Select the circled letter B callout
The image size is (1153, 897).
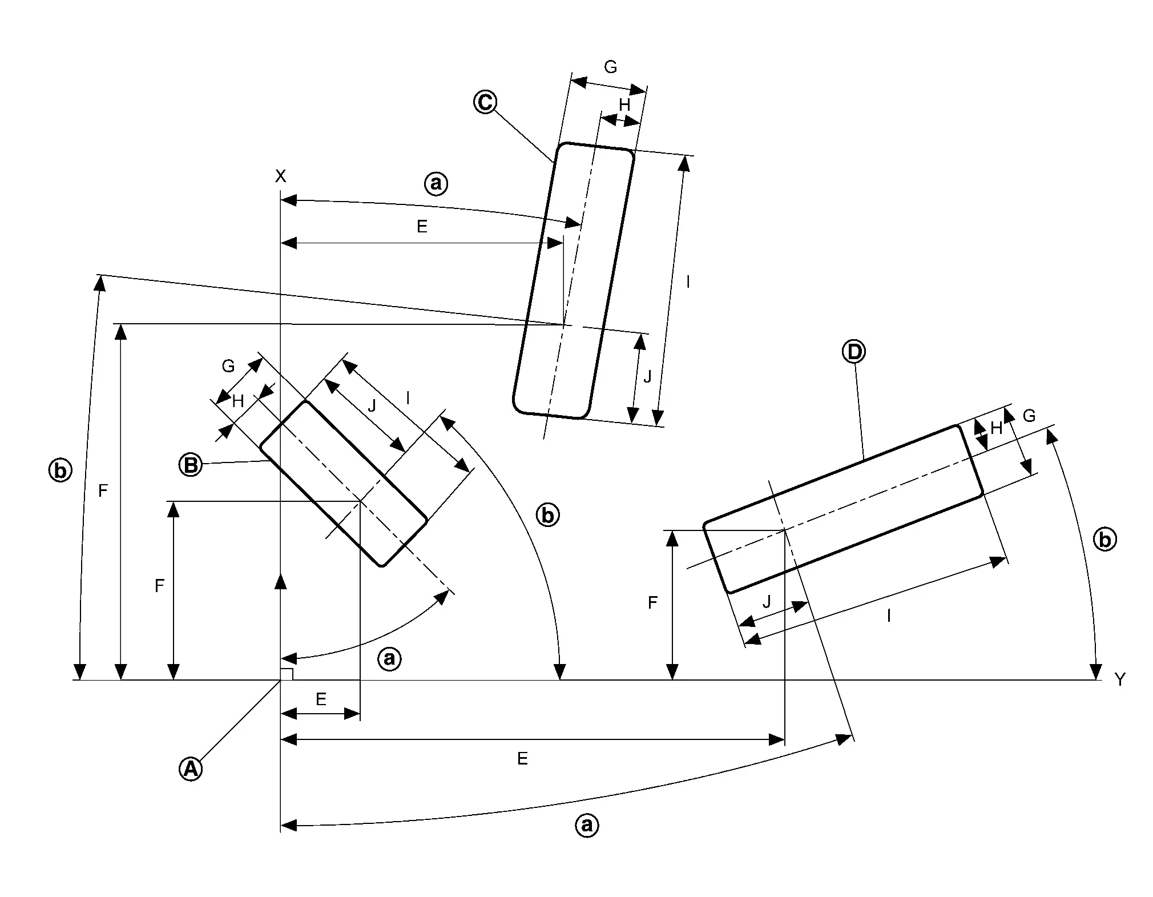pos(191,465)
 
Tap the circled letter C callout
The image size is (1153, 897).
pos(485,102)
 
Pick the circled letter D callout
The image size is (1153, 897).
pos(854,352)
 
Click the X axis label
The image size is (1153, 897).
pos(280,176)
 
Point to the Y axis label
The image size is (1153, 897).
pos(1120,679)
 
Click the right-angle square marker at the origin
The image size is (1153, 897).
pos(287,674)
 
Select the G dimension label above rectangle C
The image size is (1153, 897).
pos(610,67)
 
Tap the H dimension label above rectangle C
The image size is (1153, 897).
pos(624,105)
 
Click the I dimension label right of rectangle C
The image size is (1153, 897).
pos(688,282)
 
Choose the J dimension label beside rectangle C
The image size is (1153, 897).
pos(647,377)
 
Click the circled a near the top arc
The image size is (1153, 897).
pos(436,184)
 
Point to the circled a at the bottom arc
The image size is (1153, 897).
pos(587,825)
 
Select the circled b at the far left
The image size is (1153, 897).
pos(60,471)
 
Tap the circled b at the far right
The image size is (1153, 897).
pos(1104,540)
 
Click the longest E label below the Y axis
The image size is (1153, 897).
pos(522,759)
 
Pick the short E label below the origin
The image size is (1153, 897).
pos(321,699)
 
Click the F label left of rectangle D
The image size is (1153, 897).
pos(653,602)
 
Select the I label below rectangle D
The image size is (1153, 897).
pos(889,616)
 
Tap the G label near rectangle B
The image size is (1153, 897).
pos(228,367)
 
